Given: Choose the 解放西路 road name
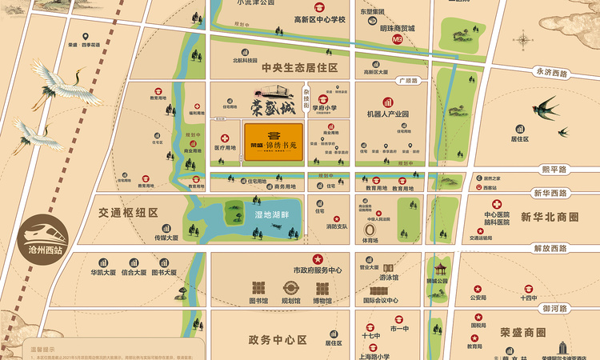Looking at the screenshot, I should tap(551, 247).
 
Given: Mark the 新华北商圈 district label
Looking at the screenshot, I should tap(549, 217).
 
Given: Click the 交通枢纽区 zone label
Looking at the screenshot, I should tap(130, 213).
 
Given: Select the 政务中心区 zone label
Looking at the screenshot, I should tap(278, 340).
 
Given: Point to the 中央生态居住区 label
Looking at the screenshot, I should tap(300, 68).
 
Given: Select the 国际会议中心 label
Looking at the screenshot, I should tap(380, 301).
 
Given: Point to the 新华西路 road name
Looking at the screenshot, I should tap(551, 194).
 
